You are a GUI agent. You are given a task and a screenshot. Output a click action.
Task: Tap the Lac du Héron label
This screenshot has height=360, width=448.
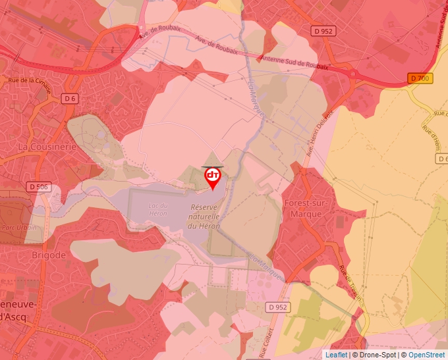(x=154, y=209)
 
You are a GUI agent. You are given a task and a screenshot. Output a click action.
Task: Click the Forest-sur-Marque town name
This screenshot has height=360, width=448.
(x=305, y=208)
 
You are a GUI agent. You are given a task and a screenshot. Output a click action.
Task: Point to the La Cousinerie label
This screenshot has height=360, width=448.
(x=47, y=146)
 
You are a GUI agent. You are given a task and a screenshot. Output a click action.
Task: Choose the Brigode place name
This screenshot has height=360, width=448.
(x=49, y=255)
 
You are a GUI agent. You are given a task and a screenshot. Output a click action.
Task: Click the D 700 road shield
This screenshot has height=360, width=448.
(x=420, y=78)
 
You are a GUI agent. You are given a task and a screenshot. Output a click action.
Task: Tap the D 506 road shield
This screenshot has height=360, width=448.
(x=40, y=187)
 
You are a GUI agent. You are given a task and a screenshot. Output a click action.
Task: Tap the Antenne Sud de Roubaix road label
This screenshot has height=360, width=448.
(x=294, y=63)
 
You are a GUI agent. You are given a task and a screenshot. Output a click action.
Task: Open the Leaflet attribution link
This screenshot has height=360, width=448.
(x=336, y=355)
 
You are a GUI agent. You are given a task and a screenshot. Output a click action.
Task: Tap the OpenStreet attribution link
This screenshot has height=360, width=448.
(x=427, y=355)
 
